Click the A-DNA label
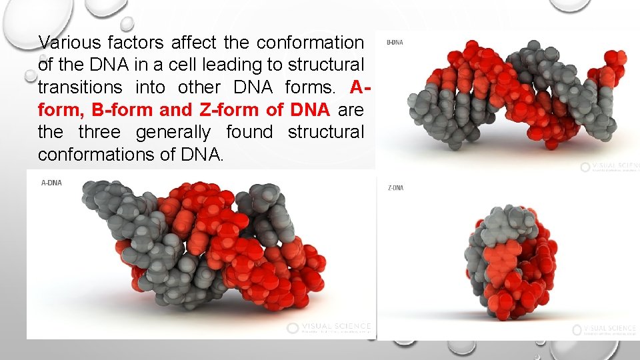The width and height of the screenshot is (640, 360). [51, 183]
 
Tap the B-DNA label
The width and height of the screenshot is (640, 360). [395, 42]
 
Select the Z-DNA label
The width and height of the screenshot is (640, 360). [395, 188]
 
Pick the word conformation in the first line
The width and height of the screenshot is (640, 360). [311, 43]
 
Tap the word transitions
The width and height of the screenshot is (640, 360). [80, 87]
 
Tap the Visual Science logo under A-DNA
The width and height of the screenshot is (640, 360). [328, 327]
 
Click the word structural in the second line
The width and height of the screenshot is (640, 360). [326, 65]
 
